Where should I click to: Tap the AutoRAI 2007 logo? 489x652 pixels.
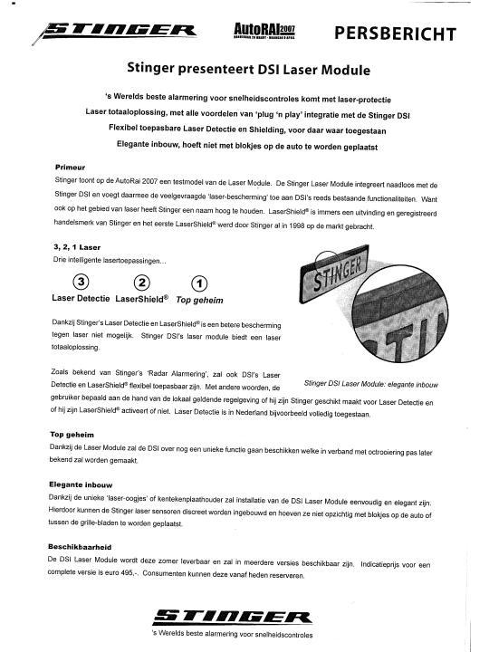pyautogui.click(x=273, y=34)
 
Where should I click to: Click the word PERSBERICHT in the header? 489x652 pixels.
pyautogui.click(x=395, y=34)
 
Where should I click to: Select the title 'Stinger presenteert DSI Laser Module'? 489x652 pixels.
pyautogui.click(x=244, y=68)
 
